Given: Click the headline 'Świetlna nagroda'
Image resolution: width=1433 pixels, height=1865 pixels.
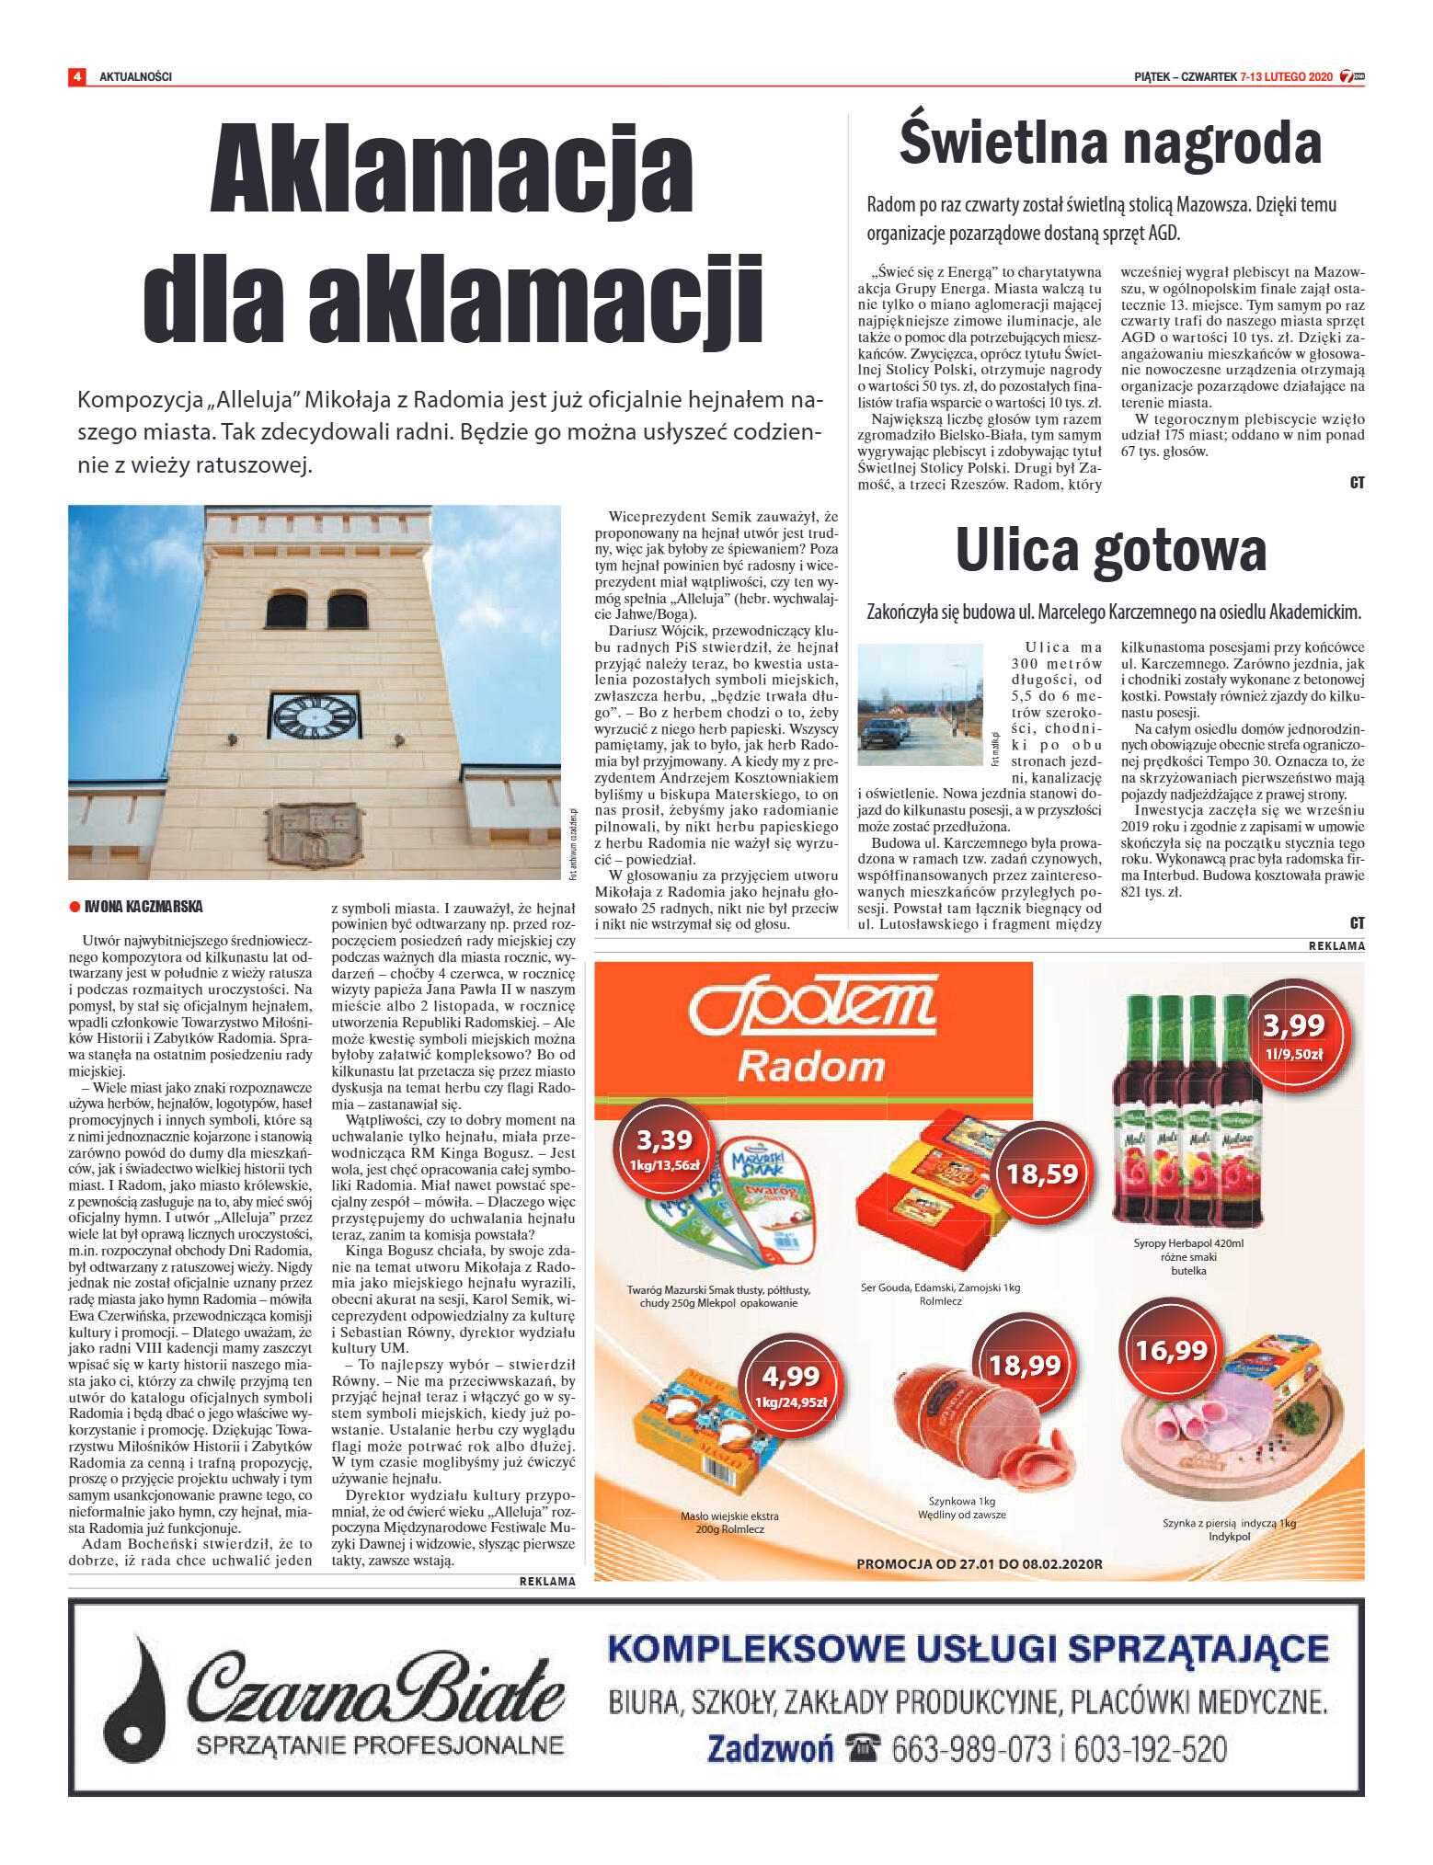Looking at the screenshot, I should (x=1110, y=143).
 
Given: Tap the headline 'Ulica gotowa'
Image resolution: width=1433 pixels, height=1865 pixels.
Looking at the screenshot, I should (x=1111, y=550).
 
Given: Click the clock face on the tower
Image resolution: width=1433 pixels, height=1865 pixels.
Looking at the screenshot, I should (x=314, y=716).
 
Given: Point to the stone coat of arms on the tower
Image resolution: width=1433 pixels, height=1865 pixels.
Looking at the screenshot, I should (x=313, y=834).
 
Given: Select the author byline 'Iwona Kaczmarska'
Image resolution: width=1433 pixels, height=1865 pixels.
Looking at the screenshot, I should (x=143, y=907).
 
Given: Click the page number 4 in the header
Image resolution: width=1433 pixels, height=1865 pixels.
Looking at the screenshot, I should (x=77, y=76).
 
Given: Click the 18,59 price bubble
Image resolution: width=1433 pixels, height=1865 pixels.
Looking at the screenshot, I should (x=1041, y=1173).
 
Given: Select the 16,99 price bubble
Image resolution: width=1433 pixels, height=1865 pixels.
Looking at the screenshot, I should (x=1170, y=1350).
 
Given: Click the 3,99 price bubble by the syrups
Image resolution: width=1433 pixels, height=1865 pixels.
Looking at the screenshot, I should (x=1293, y=1034).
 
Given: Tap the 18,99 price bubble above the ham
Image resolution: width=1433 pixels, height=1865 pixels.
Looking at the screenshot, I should (x=1025, y=1366).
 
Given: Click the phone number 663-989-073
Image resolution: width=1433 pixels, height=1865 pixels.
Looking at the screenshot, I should (x=970, y=1747).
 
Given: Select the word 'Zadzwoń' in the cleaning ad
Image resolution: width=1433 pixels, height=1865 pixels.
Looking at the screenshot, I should (x=770, y=1747).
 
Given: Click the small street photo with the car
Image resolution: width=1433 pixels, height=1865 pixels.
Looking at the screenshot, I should (x=920, y=704).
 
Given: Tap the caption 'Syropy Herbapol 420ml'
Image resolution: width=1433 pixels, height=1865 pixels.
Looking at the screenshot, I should (x=1188, y=1243).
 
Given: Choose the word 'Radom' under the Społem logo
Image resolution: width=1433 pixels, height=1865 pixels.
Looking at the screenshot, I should (x=811, y=1067).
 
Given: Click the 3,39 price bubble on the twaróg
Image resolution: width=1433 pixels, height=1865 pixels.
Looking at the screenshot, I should (x=664, y=1149).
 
